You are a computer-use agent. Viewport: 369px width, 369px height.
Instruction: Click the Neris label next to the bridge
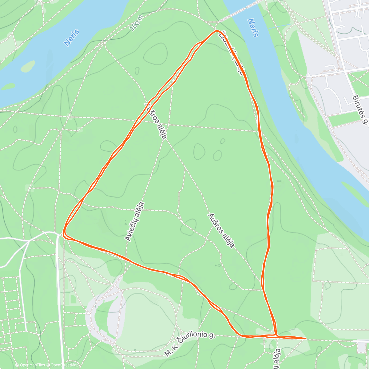252,28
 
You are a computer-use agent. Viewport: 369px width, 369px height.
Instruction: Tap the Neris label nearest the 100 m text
72,38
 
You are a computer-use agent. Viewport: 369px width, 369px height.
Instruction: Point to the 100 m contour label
136,23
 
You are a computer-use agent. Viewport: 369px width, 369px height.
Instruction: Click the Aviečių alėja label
135,221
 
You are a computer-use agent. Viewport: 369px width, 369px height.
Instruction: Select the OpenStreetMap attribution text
65,365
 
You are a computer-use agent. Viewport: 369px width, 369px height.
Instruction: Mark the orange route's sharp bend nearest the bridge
216,31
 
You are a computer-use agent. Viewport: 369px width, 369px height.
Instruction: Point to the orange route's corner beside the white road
64,234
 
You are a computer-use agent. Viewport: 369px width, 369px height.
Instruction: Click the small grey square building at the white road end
361,347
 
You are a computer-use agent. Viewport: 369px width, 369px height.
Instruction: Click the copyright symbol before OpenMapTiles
18,365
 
